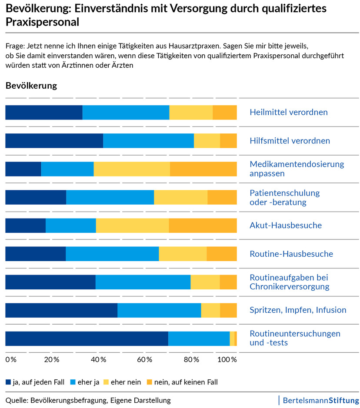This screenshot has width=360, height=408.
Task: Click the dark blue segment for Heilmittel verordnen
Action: tap(43, 112)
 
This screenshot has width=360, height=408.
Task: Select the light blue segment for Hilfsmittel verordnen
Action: tap(148, 141)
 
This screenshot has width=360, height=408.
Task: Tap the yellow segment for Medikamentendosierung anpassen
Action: tap(131, 169)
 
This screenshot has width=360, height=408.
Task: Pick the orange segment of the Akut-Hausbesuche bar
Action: tap(203, 226)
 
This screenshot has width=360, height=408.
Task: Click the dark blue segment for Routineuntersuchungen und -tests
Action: tap(87, 338)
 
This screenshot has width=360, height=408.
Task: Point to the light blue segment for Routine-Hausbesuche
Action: tap(112, 254)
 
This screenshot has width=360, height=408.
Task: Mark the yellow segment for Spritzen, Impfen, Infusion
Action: tap(210, 310)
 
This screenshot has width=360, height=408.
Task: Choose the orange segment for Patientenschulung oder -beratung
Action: tap(222, 197)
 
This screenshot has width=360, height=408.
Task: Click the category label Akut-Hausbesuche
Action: tap(286, 226)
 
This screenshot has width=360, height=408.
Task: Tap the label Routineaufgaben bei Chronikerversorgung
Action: tap(289, 282)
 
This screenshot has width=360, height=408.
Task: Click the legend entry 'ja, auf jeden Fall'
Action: tap(35, 382)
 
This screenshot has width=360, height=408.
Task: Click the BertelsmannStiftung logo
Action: tap(320, 400)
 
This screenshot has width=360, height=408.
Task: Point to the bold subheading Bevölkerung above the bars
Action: tap(31, 86)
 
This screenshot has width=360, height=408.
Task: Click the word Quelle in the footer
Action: tap(17, 400)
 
